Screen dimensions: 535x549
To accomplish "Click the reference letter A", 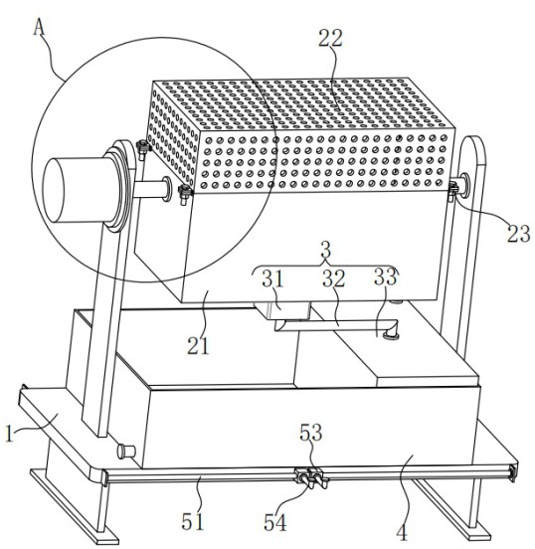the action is point(40,27).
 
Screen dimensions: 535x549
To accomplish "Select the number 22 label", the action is point(330,39).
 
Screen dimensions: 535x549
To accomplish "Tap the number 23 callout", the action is point(519,234).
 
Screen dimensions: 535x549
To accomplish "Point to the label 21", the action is point(198,345).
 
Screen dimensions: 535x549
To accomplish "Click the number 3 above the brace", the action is point(325,250).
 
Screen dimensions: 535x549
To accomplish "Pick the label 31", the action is point(273,279).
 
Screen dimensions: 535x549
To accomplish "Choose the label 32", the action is point(334,279).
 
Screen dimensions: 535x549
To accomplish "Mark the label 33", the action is point(386,276).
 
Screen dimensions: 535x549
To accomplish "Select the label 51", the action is point(193,522).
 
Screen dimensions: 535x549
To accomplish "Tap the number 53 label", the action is point(310,433).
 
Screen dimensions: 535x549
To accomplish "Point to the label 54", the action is point(275,523).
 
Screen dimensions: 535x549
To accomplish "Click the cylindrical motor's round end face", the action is point(54,190).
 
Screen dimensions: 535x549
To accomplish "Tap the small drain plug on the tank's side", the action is point(126,452).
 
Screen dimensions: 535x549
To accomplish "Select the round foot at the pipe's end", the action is point(391,336).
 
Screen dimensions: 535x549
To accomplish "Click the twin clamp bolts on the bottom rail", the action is point(311,478).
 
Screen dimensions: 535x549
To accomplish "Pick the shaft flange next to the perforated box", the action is point(167,189).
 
